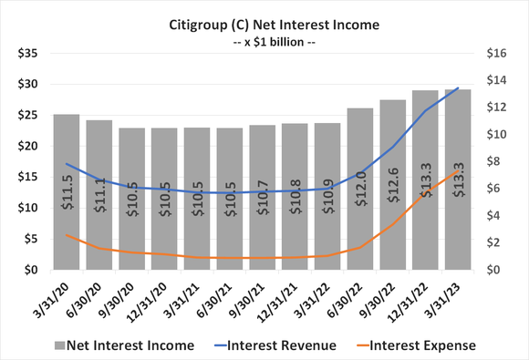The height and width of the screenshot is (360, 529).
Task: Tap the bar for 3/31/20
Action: pyautogui.click(x=67, y=191)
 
